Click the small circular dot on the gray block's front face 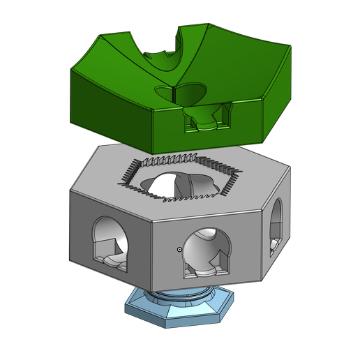[x=180, y=248]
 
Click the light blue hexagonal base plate [x=180, y=310]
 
